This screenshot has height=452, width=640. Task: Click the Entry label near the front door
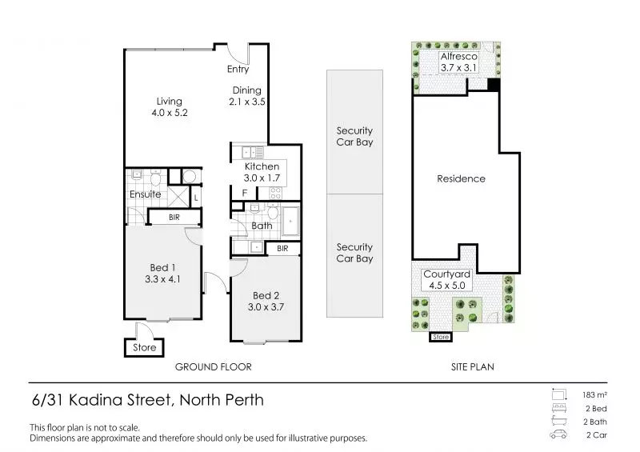(238, 70)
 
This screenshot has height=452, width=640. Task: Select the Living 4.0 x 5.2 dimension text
(169, 114)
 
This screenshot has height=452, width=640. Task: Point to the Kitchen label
(262, 166)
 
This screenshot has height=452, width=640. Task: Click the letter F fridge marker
(244, 193)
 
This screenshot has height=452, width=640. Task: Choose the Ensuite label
(145, 194)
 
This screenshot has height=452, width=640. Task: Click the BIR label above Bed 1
(174, 217)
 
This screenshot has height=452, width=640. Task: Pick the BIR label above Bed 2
(282, 249)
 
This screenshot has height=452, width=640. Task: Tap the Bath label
(262, 226)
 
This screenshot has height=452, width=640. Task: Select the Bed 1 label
(162, 267)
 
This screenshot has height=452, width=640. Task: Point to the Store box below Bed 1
(144, 347)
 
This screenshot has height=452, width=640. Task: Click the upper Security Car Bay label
(354, 137)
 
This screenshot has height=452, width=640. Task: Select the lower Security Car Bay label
(354, 253)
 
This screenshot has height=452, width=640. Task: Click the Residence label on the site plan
(461, 178)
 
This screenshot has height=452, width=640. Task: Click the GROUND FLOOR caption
(214, 367)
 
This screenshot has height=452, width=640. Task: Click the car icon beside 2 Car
(558, 435)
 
